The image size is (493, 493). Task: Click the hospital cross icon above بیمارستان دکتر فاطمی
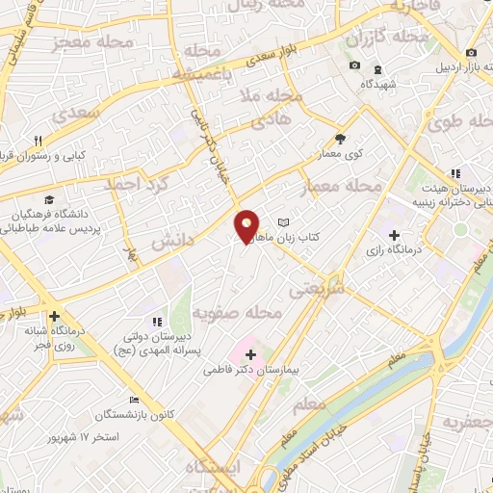251,354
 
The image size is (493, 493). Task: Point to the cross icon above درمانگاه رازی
394,235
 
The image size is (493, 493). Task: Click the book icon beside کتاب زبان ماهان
282,222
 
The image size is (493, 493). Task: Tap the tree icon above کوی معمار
339,139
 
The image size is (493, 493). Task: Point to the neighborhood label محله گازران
388,38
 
